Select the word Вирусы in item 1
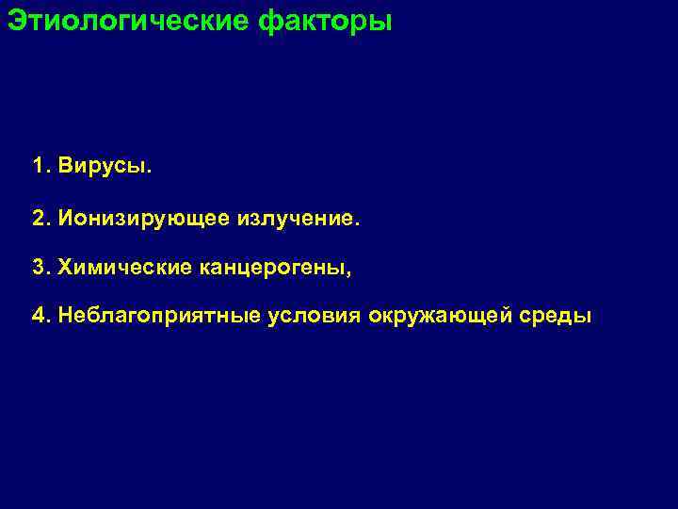coord(102,168)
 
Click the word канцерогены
coord(271,269)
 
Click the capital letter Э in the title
coord(15,20)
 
